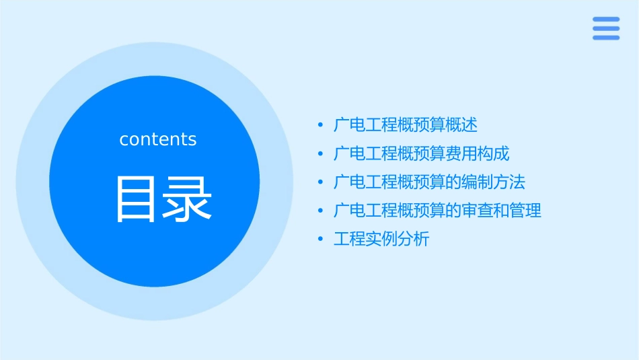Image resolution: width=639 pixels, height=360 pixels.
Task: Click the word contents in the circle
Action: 158,139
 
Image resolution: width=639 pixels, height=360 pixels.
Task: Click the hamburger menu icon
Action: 606,28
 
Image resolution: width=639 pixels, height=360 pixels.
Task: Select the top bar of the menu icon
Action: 606,19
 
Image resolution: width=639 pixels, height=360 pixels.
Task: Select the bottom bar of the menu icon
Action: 606,38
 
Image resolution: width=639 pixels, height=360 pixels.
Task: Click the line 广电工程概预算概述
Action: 406,125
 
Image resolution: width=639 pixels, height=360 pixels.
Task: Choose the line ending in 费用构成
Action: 422,154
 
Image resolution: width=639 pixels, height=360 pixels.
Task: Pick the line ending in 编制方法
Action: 430,182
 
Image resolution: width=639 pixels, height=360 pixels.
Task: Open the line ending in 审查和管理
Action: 438,211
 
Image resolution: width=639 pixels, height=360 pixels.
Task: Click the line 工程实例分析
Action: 381,239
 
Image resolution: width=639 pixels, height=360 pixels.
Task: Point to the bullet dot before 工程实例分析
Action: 320,239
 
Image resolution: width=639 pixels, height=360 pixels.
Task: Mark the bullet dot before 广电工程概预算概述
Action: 320,125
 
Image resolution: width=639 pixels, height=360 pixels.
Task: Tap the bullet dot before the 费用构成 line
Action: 320,154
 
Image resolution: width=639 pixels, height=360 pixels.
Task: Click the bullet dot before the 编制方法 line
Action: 320,182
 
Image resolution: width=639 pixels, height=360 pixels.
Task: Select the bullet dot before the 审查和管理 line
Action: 320,211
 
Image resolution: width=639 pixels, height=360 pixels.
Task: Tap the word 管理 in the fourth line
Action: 525,211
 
